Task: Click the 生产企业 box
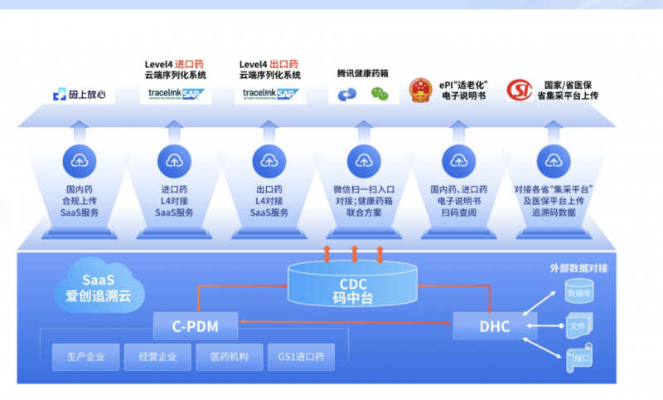pyautogui.click(x=85, y=358)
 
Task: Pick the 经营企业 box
pyautogui.click(x=157, y=358)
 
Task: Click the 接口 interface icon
pyautogui.click(x=578, y=360)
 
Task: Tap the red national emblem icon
pyautogui.click(x=420, y=90)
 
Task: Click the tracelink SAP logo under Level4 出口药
pyautogui.click(x=269, y=94)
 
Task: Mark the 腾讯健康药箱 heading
pyautogui.click(x=363, y=73)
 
